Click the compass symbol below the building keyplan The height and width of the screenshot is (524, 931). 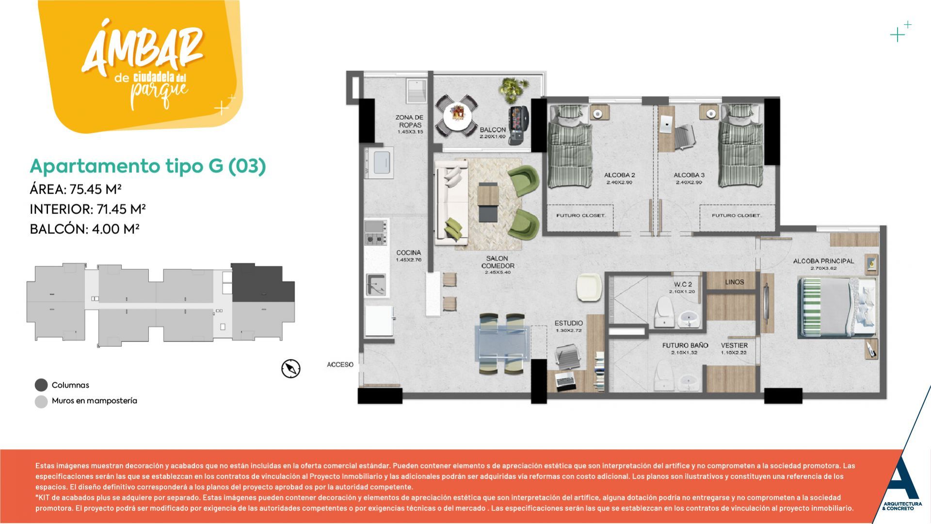click(x=291, y=369)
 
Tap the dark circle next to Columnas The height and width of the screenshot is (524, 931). click(x=41, y=385)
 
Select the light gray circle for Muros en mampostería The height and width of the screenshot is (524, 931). click(x=41, y=401)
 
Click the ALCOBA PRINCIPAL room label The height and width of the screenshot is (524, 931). click(x=823, y=262)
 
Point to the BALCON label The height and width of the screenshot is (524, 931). click(x=493, y=130)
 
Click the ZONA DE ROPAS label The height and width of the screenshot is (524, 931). click(x=409, y=121)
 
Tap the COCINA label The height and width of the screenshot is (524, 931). click(x=409, y=253)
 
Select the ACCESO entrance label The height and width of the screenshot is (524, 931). click(x=340, y=364)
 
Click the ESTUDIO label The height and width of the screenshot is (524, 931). click(x=569, y=323)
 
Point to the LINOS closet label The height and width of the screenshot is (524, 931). click(x=734, y=282)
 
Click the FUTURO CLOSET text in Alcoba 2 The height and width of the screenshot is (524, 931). click(x=580, y=215)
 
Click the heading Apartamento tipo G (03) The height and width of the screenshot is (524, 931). click(x=148, y=166)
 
